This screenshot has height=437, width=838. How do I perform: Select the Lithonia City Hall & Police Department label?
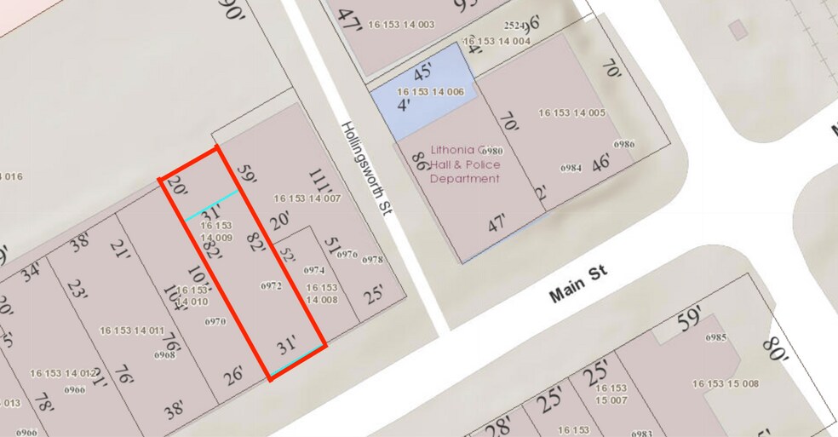(464, 164)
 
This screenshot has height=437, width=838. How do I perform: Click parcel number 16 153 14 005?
(571, 112)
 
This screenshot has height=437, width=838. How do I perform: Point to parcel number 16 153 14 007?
(307, 198)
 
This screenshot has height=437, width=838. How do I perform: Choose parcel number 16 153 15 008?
(726, 383)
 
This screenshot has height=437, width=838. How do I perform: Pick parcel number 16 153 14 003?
(402, 25)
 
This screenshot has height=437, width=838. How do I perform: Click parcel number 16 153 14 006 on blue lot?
(430, 90)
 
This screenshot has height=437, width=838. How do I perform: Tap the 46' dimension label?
(601, 162)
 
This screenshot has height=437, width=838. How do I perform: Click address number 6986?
(623, 144)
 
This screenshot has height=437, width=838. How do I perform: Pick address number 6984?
(571, 168)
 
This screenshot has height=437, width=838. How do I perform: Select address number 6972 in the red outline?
(271, 286)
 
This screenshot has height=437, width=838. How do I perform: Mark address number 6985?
(715, 337)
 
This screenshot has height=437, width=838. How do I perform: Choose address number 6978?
(372, 259)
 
